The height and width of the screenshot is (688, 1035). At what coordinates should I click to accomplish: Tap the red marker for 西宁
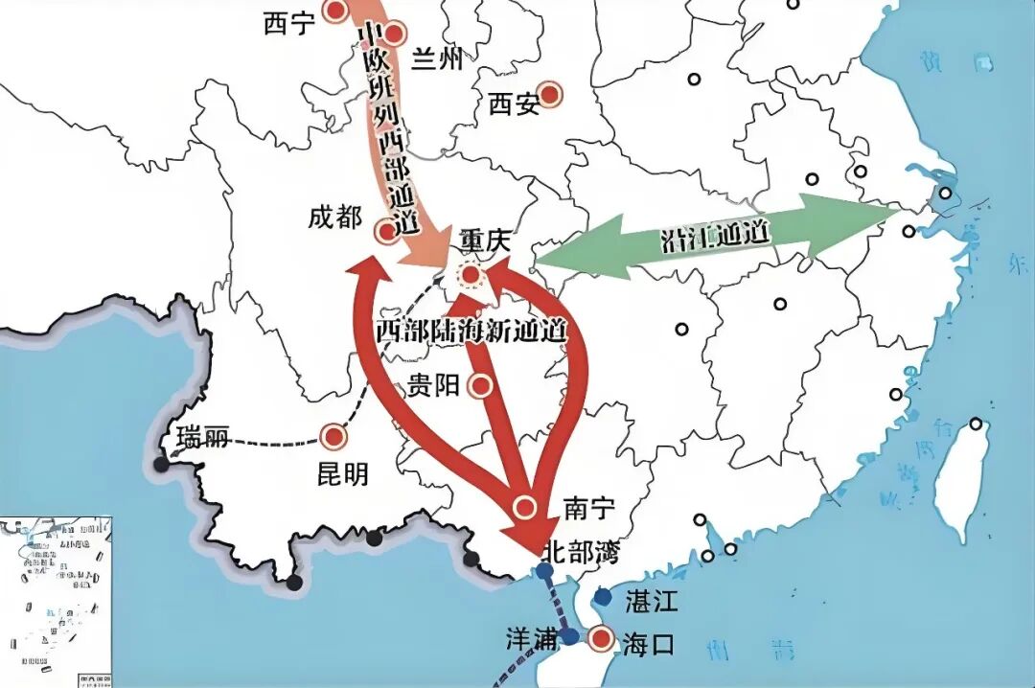click(335, 11)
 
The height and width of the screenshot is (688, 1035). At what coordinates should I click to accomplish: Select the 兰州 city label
click(436, 60)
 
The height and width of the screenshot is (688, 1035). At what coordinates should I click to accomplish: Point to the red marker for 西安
click(550, 94)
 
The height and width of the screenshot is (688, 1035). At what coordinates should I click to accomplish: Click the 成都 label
click(334, 218)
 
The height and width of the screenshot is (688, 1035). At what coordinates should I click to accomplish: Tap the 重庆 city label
click(489, 240)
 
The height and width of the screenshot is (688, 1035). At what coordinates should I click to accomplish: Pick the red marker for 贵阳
click(481, 385)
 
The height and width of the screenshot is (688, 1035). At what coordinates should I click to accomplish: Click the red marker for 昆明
click(333, 437)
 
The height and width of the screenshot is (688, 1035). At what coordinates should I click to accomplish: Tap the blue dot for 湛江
click(602, 596)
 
